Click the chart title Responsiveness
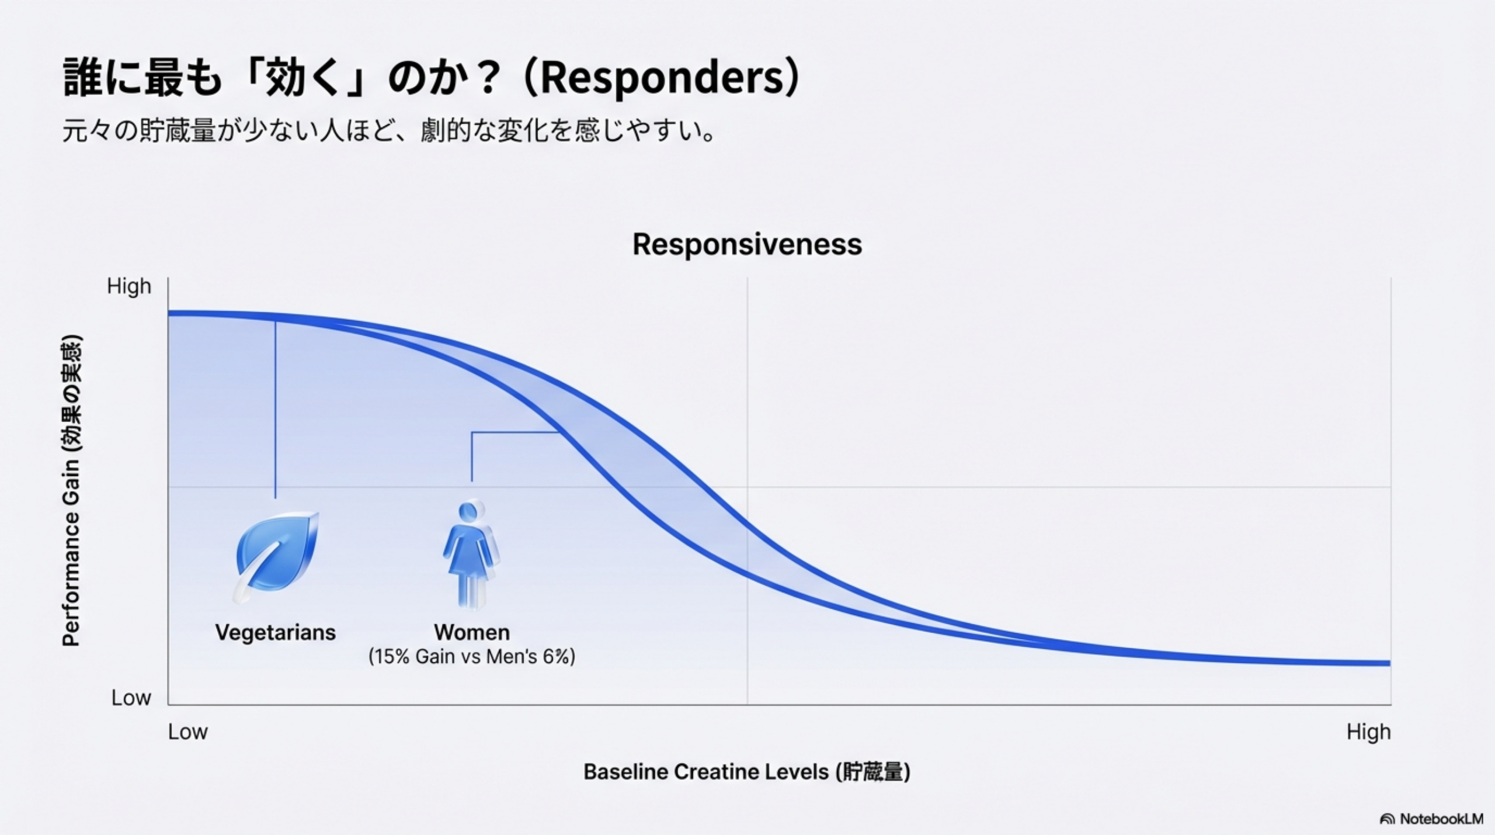coord(747,244)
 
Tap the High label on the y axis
coord(129,287)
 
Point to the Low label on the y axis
coord(131,698)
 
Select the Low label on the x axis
coord(187,732)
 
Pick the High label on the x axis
coord(1368,732)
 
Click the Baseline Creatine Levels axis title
coord(747,772)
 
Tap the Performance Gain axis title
coord(71,490)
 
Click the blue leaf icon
coord(276,555)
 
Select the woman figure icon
coord(471,553)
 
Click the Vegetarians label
coord(275,632)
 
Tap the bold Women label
coord(472,632)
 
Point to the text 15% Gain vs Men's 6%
coord(472,657)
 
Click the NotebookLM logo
coord(1431,819)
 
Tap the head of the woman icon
coord(469,511)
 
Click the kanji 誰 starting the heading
coord(82,78)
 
